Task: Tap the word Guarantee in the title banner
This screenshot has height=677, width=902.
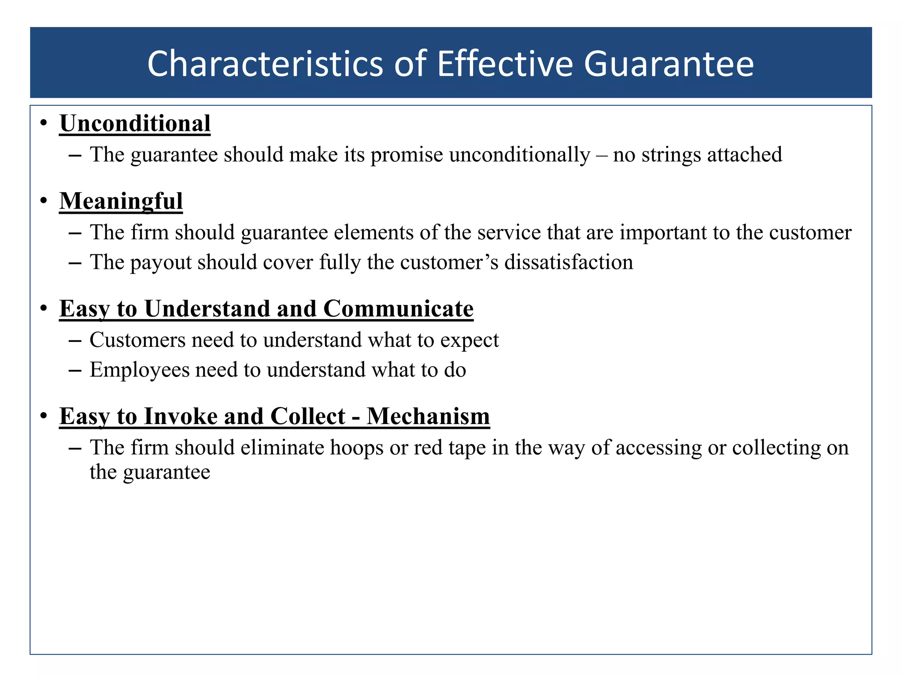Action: [x=669, y=64]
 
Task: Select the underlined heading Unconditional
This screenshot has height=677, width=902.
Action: [x=135, y=123]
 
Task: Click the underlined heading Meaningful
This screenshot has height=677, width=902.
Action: [x=121, y=201]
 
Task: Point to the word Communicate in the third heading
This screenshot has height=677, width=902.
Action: [x=398, y=309]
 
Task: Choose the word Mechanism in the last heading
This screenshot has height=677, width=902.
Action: [x=428, y=416]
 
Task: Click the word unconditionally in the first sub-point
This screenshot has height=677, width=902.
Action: [x=520, y=155]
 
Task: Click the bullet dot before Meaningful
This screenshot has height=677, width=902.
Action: [x=43, y=201]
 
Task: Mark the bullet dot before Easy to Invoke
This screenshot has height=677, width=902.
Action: [x=43, y=416]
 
